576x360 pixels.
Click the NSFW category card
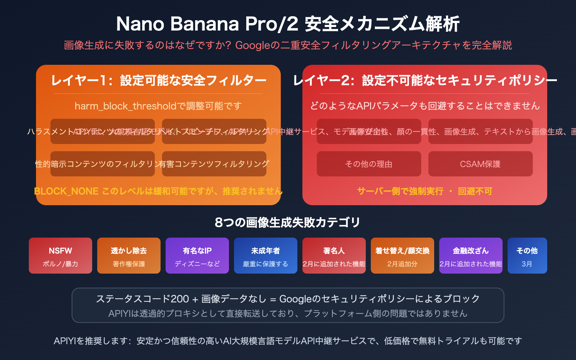click(x=60, y=256)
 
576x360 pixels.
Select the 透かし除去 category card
click(x=129, y=256)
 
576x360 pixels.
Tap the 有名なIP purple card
click(x=197, y=256)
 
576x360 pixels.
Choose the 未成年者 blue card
click(x=266, y=256)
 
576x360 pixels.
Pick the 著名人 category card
click(x=334, y=256)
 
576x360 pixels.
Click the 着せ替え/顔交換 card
click(x=402, y=256)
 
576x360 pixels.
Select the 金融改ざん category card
click(x=471, y=256)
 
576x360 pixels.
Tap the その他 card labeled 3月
click(x=527, y=256)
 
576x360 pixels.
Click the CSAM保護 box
click(x=480, y=164)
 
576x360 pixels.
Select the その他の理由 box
click(x=369, y=164)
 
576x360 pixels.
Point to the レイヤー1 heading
click(x=158, y=80)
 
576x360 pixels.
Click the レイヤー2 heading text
click(x=425, y=80)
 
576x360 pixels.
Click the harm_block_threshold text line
click(x=158, y=106)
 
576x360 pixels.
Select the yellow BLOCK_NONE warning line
click(x=158, y=191)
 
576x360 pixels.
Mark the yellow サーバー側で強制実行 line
click(x=424, y=191)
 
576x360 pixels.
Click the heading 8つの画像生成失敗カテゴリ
click(x=288, y=222)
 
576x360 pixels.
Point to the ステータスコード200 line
click(x=288, y=298)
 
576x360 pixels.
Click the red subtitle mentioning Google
click(x=288, y=45)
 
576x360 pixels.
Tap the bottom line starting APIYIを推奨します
click(x=288, y=341)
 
